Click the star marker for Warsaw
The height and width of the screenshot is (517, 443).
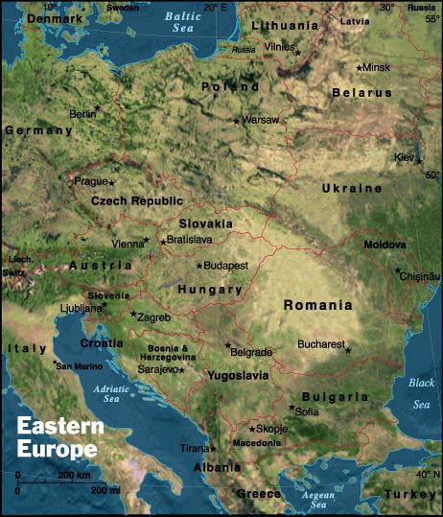[x=236, y=120]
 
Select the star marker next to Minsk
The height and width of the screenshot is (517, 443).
[x=359, y=68]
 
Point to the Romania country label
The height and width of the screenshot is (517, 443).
[x=318, y=305]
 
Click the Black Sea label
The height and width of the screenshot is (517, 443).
[x=422, y=393]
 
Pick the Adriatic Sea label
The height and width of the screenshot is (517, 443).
[x=111, y=395]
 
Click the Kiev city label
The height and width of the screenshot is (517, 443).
[x=404, y=156]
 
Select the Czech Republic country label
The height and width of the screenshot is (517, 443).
[x=136, y=200]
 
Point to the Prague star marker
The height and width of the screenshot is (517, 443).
[x=111, y=182]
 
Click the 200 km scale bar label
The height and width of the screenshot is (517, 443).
[x=74, y=476]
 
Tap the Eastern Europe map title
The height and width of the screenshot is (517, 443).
[x=57, y=437]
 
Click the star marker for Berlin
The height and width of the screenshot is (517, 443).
[x=97, y=108]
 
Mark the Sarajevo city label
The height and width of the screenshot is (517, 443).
[x=158, y=368]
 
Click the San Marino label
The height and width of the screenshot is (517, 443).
[x=77, y=366]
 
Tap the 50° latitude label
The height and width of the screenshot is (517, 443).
[x=433, y=176]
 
